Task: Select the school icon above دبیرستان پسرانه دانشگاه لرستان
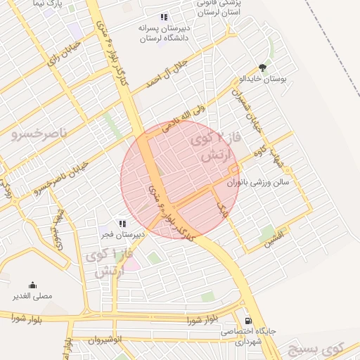point(164,17)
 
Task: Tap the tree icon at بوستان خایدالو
point(263,68)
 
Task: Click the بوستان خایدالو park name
point(264,79)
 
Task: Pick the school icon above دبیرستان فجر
point(122,224)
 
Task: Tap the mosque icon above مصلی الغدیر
point(32,285)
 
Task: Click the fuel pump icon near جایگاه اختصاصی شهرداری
point(247,321)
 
